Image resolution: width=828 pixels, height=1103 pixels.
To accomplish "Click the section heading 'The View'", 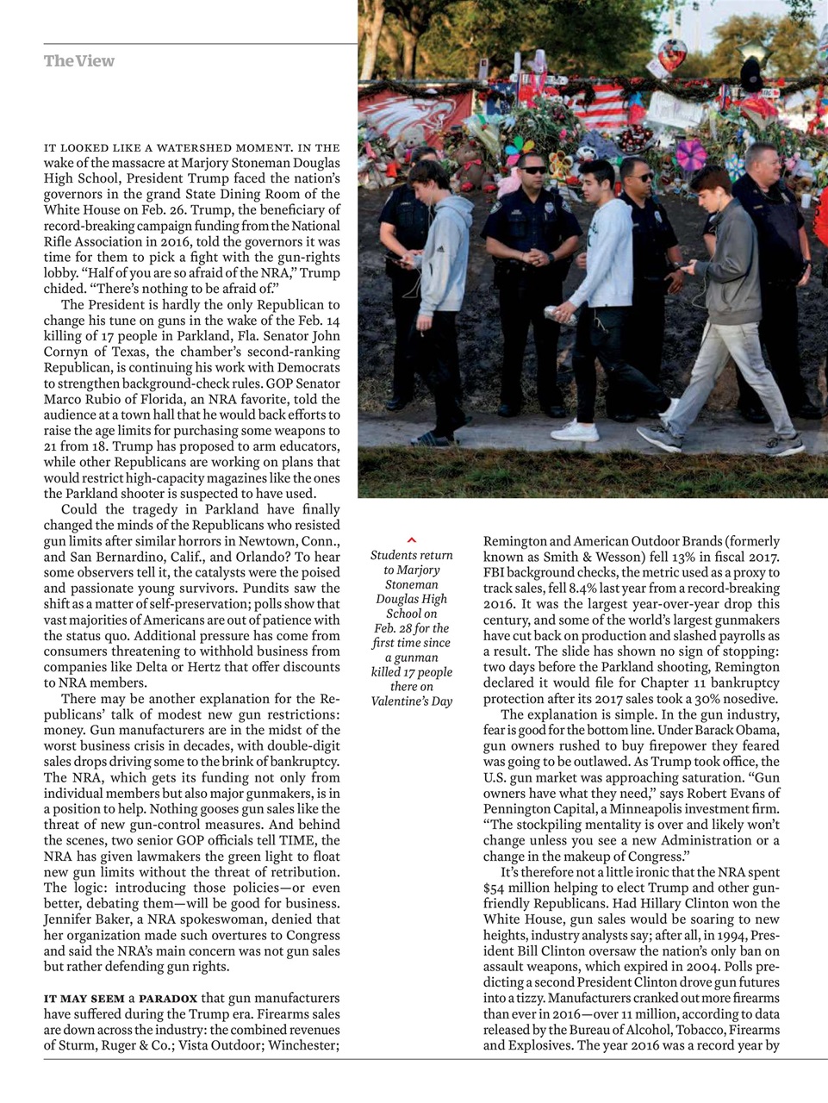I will coord(78,61).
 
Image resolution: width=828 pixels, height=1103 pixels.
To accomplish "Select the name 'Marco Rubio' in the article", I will coord(80,399).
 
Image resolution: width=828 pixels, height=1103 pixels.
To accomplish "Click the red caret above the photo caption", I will coord(411,539).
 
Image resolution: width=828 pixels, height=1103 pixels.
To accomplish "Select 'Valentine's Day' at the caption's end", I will coord(411,701).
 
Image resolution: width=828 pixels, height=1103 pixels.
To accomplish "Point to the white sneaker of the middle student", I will coord(576,429).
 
